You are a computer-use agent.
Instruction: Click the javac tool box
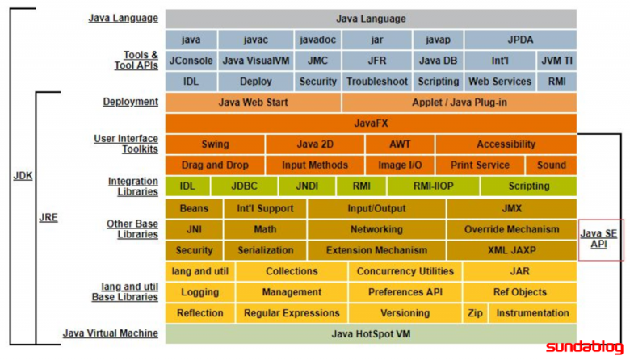point(255,40)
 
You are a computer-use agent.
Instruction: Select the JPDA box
point(520,40)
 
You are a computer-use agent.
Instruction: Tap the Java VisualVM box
point(255,61)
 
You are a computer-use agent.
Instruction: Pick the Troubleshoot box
point(377,82)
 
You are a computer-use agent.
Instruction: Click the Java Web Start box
point(253,103)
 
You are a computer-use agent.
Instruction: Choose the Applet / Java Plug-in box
point(460,103)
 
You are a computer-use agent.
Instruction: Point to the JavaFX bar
point(371,123)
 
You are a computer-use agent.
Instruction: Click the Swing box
point(215,144)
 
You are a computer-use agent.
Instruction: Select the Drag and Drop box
point(215,165)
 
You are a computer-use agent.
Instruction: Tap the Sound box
point(551,165)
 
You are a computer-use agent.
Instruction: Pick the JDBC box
point(244,186)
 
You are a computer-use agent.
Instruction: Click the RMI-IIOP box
point(433,186)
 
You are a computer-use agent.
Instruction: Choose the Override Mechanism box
point(512,229)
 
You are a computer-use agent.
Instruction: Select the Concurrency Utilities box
point(405,271)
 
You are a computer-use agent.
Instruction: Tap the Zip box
point(475,313)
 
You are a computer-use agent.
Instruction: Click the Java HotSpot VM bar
point(371,334)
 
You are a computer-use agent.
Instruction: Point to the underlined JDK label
point(23,176)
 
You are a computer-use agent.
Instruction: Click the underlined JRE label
point(48,217)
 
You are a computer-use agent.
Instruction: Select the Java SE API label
point(598,239)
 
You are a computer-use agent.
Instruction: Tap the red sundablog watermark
point(585,348)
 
